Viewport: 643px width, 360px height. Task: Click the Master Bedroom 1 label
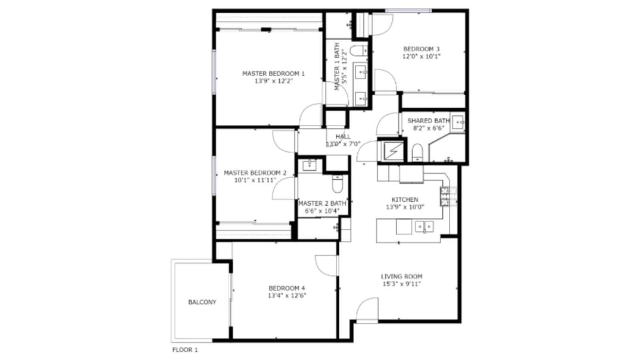tap(273, 74)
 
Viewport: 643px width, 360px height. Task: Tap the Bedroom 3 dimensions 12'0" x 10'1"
tap(421, 57)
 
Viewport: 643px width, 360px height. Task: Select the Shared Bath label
tap(429, 121)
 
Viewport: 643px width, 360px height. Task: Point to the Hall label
tap(343, 136)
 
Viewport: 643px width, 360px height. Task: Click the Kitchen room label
tap(405, 200)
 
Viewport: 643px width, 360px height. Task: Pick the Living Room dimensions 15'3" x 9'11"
tap(401, 284)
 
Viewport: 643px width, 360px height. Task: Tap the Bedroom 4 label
tap(286, 288)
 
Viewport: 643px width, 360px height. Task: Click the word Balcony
tap(202, 302)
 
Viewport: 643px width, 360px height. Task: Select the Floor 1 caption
tap(185, 350)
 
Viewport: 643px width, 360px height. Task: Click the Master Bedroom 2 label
tap(255, 173)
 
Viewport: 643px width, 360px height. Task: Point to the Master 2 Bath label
tap(322, 204)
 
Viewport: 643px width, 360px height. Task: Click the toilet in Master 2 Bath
tap(337, 184)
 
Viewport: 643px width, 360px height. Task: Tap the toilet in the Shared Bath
tap(417, 152)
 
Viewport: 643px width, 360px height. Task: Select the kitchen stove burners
tap(445, 196)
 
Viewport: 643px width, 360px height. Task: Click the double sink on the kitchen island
tap(424, 226)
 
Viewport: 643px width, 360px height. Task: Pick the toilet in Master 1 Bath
tap(358, 51)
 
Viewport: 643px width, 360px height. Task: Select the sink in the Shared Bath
tap(458, 122)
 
